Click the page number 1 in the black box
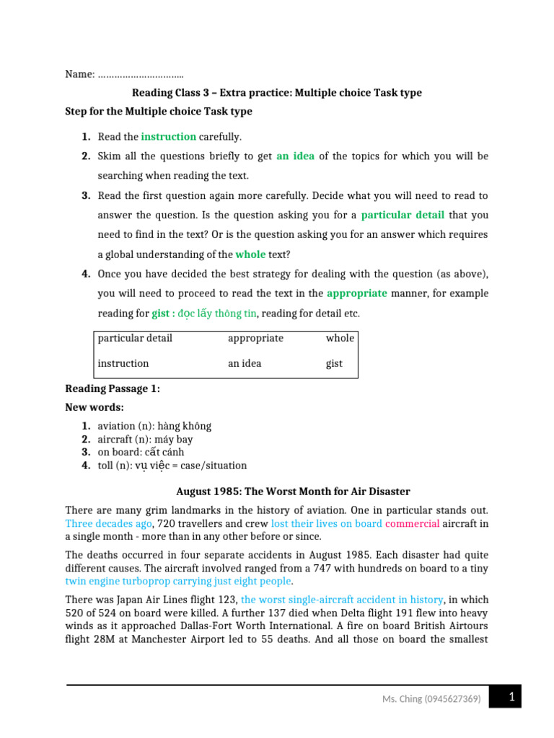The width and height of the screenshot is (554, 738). point(511,696)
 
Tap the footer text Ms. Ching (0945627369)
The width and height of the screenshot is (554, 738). point(431,699)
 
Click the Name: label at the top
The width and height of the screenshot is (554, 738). point(79,74)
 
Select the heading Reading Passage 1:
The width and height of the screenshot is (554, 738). point(113,389)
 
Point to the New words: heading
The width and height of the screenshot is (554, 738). point(94,408)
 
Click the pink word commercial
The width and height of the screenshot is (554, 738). point(412,523)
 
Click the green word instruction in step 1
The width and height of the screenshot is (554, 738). point(168,136)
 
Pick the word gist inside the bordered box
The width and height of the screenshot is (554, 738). point(334,363)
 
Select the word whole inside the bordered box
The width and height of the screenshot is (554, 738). point(340,338)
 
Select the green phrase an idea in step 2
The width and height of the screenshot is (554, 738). point(295,156)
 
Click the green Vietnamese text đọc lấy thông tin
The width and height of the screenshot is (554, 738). point(218,313)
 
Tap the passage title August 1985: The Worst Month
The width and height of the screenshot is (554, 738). point(294,492)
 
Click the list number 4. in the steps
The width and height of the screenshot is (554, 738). point(85,274)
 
